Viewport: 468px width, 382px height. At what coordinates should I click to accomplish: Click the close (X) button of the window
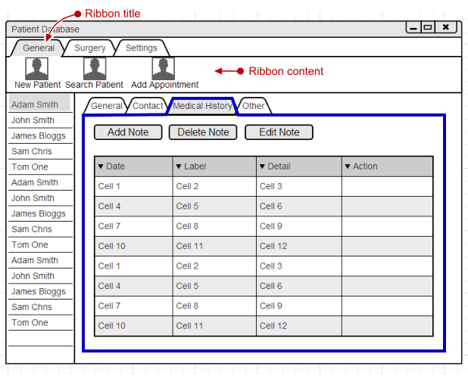(446, 27)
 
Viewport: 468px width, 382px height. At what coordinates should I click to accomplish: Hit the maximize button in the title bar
(428, 27)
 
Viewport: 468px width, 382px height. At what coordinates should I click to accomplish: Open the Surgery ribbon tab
(90, 48)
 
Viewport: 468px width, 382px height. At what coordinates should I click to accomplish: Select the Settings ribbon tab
(142, 48)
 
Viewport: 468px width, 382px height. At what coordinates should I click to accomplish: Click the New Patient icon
(36, 69)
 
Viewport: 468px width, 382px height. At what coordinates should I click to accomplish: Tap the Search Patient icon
(95, 69)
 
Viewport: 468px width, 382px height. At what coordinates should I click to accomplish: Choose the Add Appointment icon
(164, 69)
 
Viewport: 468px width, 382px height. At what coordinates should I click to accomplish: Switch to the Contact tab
(148, 106)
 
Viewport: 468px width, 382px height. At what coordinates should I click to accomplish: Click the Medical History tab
(202, 106)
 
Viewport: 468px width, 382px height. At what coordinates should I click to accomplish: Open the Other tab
(254, 106)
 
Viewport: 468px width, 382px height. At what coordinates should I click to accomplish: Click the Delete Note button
(203, 132)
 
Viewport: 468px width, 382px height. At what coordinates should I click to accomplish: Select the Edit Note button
(279, 132)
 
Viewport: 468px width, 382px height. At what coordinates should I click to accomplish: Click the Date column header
(133, 166)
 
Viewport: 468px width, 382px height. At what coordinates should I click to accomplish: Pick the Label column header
(214, 166)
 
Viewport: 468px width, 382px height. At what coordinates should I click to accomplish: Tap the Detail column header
(299, 166)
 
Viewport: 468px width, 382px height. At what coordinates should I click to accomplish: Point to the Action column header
(388, 166)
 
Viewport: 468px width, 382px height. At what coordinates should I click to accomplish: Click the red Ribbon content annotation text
(286, 71)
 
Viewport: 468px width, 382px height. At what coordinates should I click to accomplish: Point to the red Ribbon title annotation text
(113, 14)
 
